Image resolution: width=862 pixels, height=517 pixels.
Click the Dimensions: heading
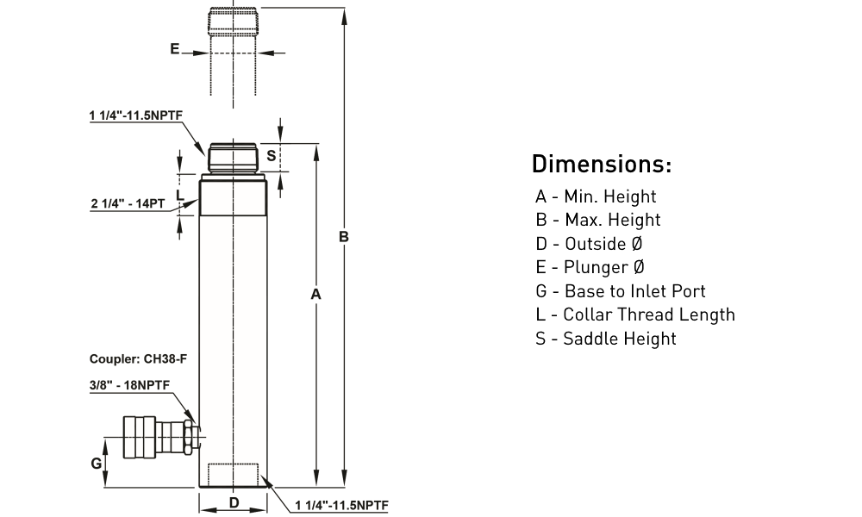[x=601, y=164]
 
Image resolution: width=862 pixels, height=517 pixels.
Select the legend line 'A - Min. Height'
[x=596, y=196]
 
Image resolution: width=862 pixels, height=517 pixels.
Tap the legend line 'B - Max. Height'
[x=597, y=220]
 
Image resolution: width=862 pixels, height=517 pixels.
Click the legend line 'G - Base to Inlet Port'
[x=621, y=291]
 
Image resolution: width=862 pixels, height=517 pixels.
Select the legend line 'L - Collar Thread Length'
[x=635, y=315]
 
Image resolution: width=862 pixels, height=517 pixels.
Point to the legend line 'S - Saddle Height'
[x=606, y=339]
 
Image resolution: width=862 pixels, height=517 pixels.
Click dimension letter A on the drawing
[x=315, y=294]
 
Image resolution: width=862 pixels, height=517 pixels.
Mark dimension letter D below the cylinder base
[x=233, y=503]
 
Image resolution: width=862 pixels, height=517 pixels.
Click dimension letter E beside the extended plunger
[x=174, y=50]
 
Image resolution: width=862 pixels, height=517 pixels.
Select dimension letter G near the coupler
[x=97, y=464]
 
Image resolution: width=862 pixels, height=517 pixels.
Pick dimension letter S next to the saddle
[x=270, y=156]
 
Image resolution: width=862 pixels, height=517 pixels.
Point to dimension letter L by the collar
[x=179, y=196]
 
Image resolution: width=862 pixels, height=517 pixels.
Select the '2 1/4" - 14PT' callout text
[x=128, y=203]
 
